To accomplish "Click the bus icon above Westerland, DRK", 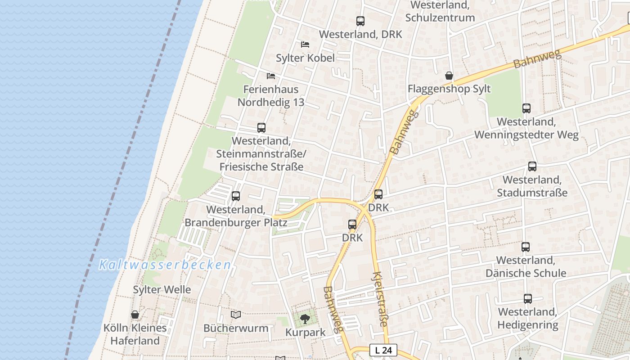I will pyautogui.click(x=360, y=21).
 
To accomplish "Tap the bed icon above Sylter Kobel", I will pyautogui.click(x=305, y=44).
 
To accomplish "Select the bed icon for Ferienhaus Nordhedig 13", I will pyautogui.click(x=271, y=76).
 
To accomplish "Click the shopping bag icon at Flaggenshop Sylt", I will pyautogui.click(x=449, y=75).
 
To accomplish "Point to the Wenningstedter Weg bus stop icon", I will pyautogui.click(x=526, y=108).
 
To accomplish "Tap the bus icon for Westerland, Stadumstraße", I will pyautogui.click(x=532, y=166).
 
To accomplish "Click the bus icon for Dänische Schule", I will pyautogui.click(x=526, y=247).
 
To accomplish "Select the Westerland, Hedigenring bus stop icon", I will pyautogui.click(x=528, y=298).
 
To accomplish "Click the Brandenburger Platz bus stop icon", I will pyautogui.click(x=236, y=196).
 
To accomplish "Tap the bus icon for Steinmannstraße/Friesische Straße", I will pyautogui.click(x=261, y=127).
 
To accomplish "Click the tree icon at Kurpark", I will pyautogui.click(x=306, y=319).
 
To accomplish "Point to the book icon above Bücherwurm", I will pyautogui.click(x=236, y=315).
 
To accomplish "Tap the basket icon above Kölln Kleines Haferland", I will pyautogui.click(x=135, y=314).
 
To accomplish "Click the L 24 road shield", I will pyautogui.click(x=383, y=350).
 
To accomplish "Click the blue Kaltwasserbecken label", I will pyautogui.click(x=165, y=265).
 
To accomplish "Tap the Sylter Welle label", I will pyautogui.click(x=162, y=289).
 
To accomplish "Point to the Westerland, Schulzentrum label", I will pyautogui.click(x=440, y=11).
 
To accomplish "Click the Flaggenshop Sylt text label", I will pyautogui.click(x=449, y=89).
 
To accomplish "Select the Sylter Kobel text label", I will pyautogui.click(x=305, y=58).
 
